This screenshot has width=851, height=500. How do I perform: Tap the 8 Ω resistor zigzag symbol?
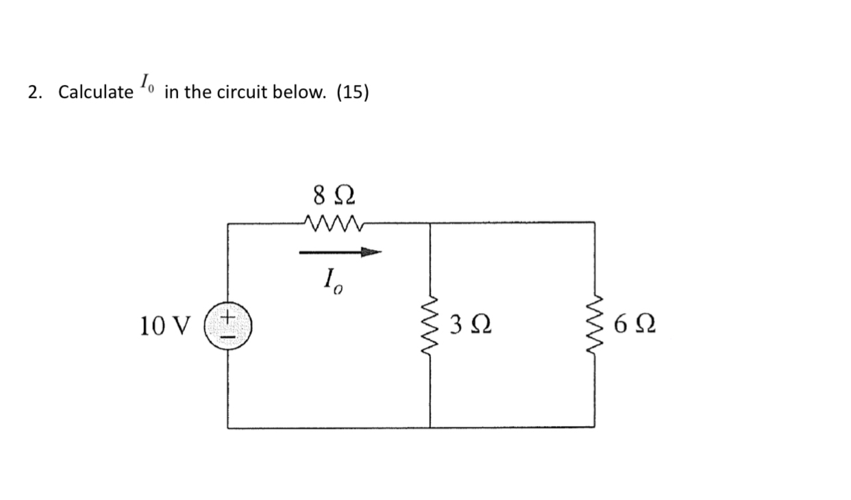point(330,222)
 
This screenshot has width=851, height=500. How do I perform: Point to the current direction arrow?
point(339,253)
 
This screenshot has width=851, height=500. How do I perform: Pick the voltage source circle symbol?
point(228,328)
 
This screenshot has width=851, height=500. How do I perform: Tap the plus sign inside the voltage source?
point(228,320)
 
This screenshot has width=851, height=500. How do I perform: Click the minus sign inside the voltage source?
point(228,336)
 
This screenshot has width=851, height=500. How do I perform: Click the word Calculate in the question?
point(95,92)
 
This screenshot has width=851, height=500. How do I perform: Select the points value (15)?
point(352,92)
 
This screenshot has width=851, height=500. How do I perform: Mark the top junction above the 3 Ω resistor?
point(430,223)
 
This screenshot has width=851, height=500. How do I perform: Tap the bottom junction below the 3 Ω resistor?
point(430,427)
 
